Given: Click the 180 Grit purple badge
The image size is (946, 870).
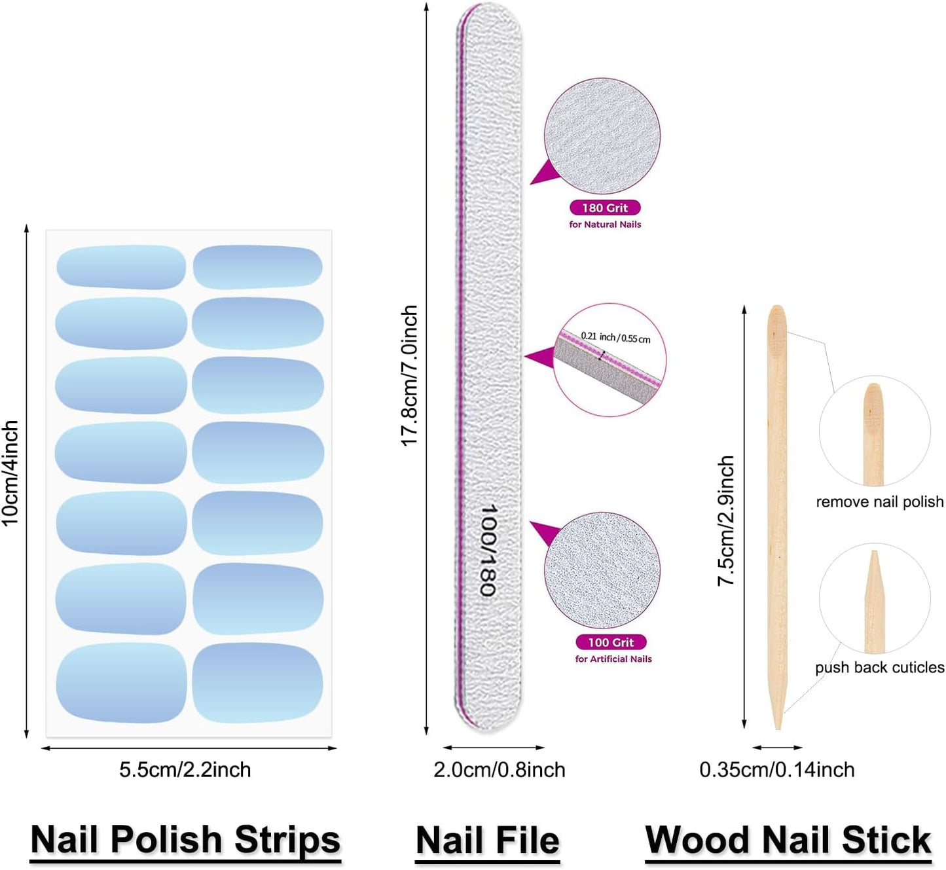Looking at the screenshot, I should [x=605, y=208].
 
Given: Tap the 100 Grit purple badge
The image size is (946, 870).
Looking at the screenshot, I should [x=611, y=642].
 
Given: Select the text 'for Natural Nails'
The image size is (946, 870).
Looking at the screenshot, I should [x=605, y=225].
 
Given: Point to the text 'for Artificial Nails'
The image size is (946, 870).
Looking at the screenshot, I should [x=613, y=659].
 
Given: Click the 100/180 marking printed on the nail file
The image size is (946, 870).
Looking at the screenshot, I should [x=488, y=550].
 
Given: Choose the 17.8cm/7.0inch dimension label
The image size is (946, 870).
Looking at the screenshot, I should [x=410, y=376].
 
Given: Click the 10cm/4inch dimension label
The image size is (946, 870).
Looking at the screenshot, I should [x=10, y=473].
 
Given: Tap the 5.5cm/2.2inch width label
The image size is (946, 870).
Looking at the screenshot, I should [x=185, y=770].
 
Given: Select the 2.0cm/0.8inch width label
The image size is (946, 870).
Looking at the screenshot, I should [x=499, y=770].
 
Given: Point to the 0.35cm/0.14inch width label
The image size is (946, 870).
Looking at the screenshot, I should [x=777, y=770].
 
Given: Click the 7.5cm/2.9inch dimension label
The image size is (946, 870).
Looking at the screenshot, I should [x=726, y=520].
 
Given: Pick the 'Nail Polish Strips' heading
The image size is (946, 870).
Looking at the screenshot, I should [x=185, y=840].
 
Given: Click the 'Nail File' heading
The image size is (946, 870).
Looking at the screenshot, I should [x=488, y=841].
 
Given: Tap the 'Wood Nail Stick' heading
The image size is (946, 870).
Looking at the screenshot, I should [x=788, y=841].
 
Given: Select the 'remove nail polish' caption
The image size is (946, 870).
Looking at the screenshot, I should [x=879, y=502].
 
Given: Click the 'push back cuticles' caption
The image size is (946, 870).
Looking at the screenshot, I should [x=879, y=668].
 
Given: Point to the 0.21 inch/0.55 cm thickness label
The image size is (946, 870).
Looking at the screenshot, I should [x=615, y=337].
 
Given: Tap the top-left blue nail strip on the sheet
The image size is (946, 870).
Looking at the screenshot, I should [x=121, y=267].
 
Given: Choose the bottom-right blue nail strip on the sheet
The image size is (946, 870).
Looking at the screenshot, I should [x=258, y=683].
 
